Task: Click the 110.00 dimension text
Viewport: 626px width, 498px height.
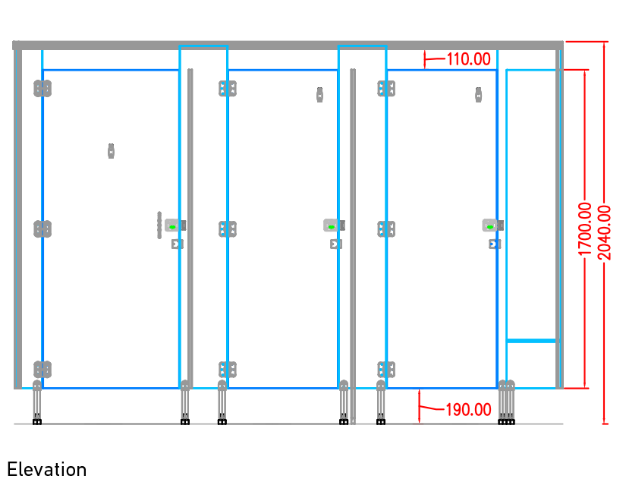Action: [x=468, y=59]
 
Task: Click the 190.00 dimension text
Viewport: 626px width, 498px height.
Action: [x=468, y=410]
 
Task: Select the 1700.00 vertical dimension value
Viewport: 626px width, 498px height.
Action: [x=585, y=229]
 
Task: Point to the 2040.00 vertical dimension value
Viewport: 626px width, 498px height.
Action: [x=604, y=232]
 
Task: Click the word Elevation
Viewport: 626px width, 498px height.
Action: [x=47, y=470]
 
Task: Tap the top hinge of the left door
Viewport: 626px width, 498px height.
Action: [x=42, y=89]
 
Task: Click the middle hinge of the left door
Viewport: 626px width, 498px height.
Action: [x=42, y=229]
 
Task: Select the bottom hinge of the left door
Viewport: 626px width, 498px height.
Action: [x=42, y=370]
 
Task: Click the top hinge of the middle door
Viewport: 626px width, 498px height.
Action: [x=228, y=89]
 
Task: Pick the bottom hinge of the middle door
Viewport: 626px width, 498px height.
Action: [x=228, y=370]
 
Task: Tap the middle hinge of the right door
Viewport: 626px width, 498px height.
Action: [x=386, y=229]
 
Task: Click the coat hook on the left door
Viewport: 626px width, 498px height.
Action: [x=111, y=151]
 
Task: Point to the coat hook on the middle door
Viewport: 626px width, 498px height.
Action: [x=319, y=95]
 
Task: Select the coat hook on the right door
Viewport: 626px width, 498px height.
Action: [x=478, y=95]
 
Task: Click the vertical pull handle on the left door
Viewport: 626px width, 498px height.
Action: [x=159, y=225]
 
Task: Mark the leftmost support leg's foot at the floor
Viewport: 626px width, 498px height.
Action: [x=36, y=422]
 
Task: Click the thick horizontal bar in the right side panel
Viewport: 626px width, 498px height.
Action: [x=533, y=341]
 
